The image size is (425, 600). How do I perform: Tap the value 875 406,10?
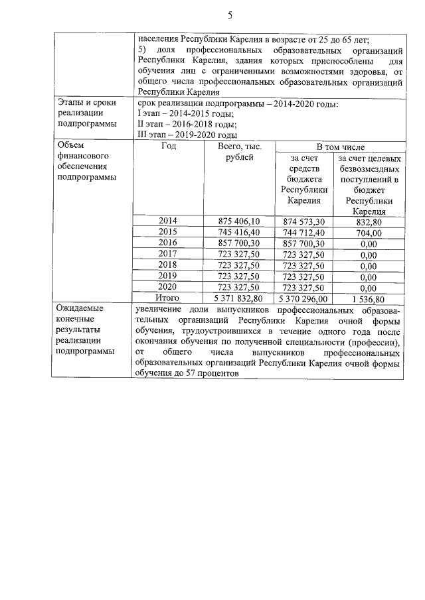tap(238, 221)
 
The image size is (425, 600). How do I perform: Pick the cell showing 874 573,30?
tap(303, 221)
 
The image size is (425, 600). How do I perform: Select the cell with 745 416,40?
tap(238, 232)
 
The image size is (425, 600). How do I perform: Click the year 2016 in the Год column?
tap(168, 243)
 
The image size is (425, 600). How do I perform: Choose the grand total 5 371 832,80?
tap(238, 298)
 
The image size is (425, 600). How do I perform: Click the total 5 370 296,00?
tap(303, 298)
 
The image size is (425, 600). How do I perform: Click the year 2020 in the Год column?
tap(168, 287)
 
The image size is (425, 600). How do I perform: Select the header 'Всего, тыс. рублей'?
tap(238, 152)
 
